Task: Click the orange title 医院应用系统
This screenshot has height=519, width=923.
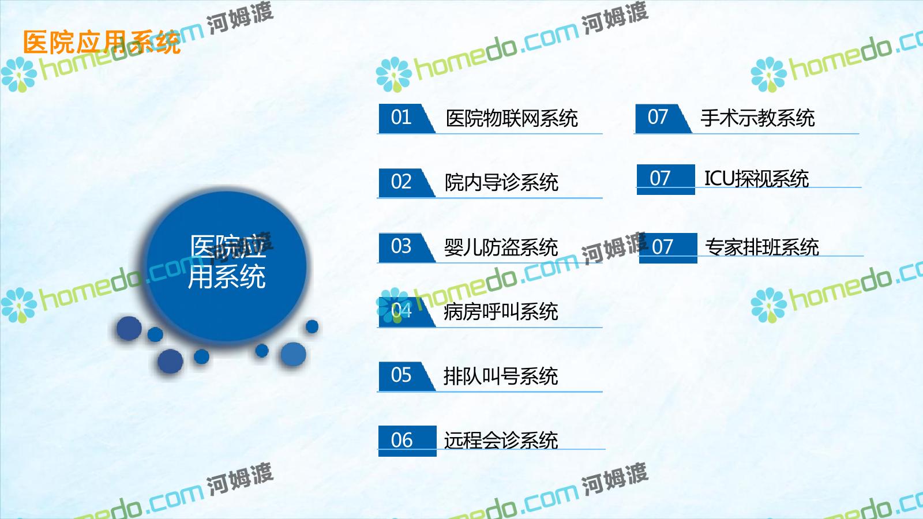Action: (x=102, y=42)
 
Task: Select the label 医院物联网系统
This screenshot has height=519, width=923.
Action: (x=512, y=118)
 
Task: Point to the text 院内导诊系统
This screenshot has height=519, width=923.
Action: (x=501, y=182)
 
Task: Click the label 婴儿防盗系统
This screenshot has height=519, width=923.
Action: (x=501, y=247)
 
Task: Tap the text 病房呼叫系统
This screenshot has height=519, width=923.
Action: (x=501, y=311)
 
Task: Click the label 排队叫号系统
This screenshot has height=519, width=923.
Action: (x=501, y=376)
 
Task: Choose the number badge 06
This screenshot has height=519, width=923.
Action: (x=407, y=441)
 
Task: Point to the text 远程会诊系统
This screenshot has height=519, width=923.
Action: (x=501, y=441)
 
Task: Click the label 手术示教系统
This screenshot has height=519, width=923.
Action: (x=758, y=118)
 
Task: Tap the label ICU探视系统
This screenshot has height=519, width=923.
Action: (x=756, y=179)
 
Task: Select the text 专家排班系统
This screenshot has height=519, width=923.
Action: (x=762, y=247)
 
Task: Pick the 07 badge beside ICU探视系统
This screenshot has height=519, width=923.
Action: (x=666, y=179)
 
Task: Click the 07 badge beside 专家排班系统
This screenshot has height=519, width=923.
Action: (x=668, y=248)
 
